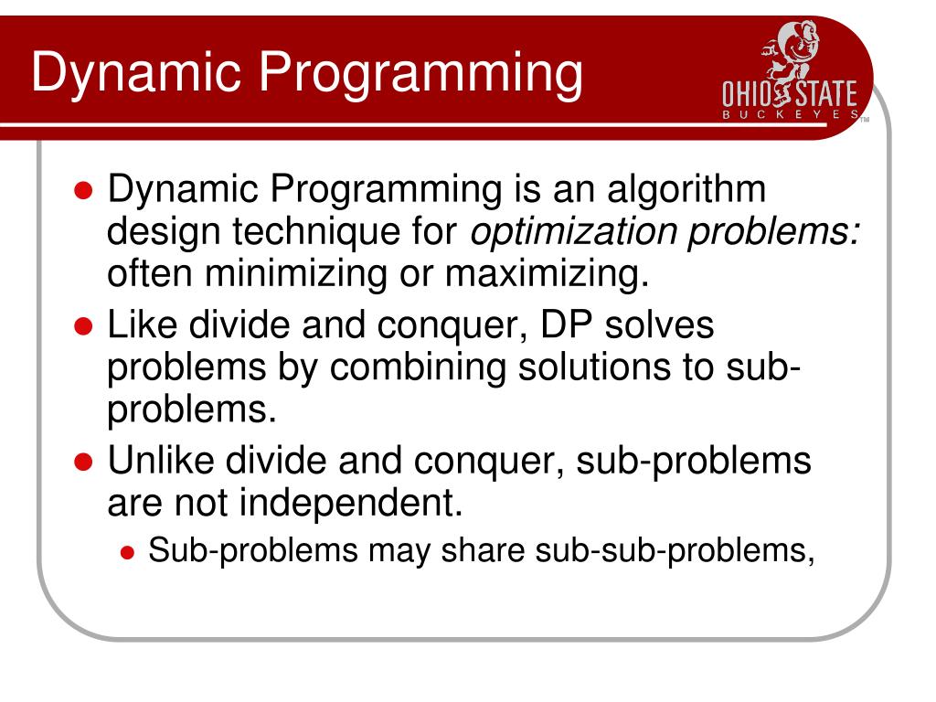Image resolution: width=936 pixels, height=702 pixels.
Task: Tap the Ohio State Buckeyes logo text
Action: point(790,95)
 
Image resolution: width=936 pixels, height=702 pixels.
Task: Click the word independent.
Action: point(357,502)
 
